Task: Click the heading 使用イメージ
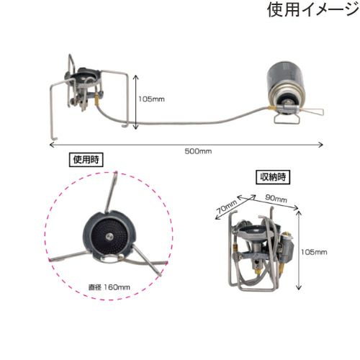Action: point(312,9)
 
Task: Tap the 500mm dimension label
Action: point(198,151)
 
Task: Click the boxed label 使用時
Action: point(86,160)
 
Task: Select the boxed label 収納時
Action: point(273,177)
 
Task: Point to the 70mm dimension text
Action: point(227,207)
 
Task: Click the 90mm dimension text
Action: point(276,199)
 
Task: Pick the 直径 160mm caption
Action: point(109,287)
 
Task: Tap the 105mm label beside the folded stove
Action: point(314,252)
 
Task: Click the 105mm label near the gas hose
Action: point(151,99)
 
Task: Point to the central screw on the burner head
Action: point(109,237)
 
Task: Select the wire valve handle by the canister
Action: point(312,112)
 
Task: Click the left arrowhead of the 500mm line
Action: point(50,145)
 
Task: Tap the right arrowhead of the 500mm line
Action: point(322,145)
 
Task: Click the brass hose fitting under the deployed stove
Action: point(96,102)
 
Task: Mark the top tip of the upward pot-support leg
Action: point(116,172)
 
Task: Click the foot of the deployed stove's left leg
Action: point(54,138)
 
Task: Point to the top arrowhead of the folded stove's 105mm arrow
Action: point(299,212)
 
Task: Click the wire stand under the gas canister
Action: point(287,119)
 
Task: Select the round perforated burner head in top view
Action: point(109,237)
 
